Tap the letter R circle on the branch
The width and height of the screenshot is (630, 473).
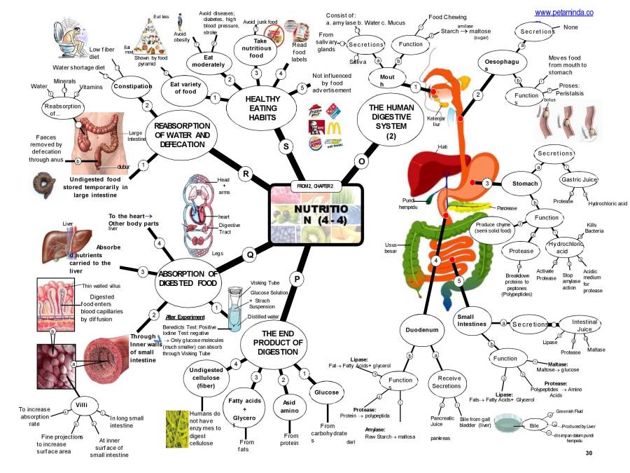246,173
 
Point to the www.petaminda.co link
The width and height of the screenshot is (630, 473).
563,12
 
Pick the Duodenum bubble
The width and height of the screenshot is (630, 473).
423,329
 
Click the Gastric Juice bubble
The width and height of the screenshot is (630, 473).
579,180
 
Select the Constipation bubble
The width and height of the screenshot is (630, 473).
132,86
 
